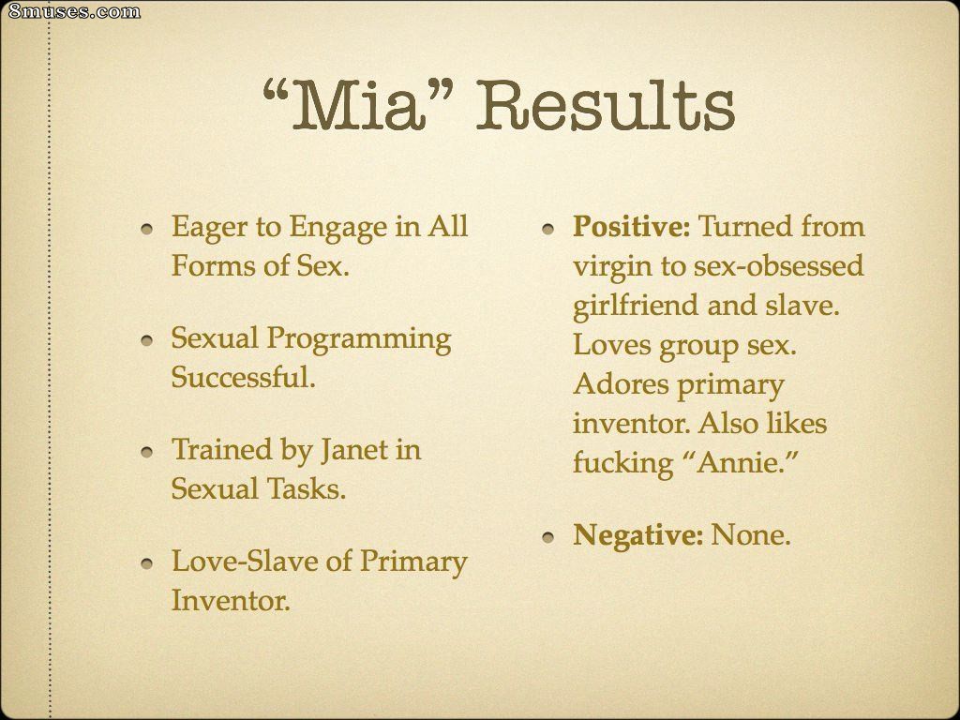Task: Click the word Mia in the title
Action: click(x=358, y=105)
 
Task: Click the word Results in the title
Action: click(x=606, y=105)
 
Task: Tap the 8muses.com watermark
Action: click(x=73, y=11)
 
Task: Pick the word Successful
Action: click(x=243, y=377)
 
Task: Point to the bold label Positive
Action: click(x=632, y=227)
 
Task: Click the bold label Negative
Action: click(x=637, y=535)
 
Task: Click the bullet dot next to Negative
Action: click(x=547, y=537)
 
